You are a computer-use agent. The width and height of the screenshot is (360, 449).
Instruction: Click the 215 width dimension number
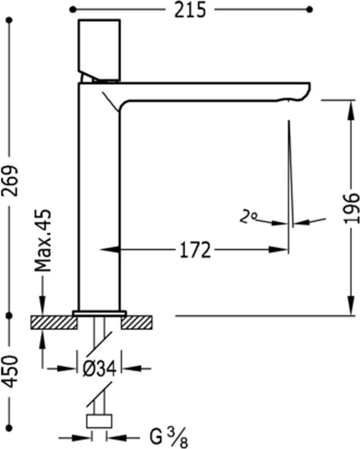[x=190, y=10]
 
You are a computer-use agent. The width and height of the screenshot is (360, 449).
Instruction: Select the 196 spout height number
[x=352, y=207]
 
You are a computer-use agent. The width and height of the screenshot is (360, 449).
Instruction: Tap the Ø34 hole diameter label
[x=100, y=369]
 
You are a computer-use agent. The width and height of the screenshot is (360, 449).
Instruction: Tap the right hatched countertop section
[x=137, y=323]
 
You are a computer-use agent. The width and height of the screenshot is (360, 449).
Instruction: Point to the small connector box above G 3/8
[x=99, y=421]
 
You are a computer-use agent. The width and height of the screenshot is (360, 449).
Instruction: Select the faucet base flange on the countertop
[x=100, y=313]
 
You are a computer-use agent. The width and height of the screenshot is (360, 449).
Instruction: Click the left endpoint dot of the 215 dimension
[x=73, y=9]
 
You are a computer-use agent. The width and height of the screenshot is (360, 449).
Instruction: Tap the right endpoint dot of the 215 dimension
[x=309, y=9]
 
